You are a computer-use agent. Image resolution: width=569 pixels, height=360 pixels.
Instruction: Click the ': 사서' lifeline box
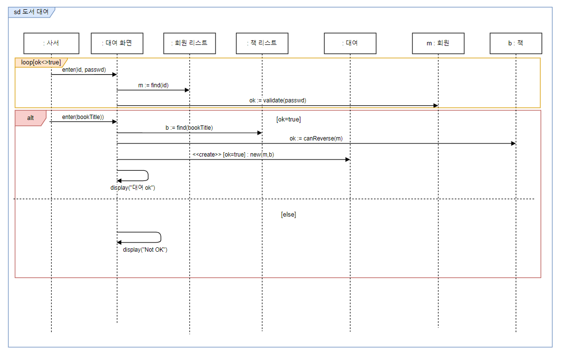click(51, 43)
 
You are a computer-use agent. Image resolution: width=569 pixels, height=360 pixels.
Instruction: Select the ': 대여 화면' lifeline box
click(117, 43)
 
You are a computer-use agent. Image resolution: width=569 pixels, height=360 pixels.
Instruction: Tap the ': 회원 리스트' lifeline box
click(190, 43)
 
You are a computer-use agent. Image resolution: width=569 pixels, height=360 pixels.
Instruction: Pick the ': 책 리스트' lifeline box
click(262, 43)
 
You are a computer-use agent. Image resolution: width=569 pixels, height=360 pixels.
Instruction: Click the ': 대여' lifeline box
click(350, 43)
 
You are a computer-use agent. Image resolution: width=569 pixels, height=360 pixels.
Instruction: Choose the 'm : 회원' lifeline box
click(438, 43)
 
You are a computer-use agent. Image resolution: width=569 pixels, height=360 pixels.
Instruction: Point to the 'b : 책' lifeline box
click(515, 43)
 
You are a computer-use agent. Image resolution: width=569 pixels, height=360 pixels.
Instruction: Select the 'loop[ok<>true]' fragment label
click(41, 62)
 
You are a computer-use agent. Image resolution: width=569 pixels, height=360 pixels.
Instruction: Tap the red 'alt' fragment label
click(30, 118)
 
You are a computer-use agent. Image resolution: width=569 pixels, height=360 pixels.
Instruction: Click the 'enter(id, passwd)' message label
click(84, 70)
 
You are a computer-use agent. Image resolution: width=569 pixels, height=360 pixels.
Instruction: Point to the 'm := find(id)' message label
click(153, 85)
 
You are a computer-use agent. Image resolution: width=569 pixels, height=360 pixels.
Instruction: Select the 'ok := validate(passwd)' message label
click(277, 100)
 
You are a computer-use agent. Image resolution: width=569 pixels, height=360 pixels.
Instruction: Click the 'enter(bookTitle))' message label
click(83, 117)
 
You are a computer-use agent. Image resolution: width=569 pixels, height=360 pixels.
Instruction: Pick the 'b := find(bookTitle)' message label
click(189, 128)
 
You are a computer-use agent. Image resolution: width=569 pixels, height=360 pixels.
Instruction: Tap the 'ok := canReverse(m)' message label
click(316, 139)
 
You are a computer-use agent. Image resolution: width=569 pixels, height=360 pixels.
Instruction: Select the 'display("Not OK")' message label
click(145, 249)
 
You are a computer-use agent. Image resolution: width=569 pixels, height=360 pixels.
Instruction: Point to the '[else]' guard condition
click(288, 214)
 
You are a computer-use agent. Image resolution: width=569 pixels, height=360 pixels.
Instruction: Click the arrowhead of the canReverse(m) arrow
click(513, 143)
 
